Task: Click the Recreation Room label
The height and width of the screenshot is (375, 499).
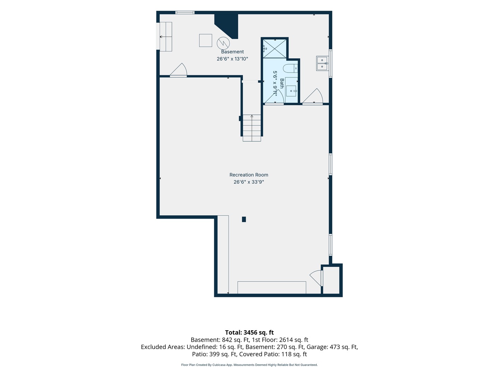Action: click(x=249, y=175)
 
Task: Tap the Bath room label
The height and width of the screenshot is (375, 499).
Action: click(x=282, y=83)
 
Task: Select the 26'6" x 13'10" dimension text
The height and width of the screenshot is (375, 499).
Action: click(x=232, y=59)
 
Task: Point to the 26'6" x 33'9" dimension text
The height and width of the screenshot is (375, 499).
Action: click(x=249, y=182)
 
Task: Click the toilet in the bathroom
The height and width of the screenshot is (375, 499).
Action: click(x=290, y=68)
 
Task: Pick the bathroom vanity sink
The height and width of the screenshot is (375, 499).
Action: click(x=291, y=91)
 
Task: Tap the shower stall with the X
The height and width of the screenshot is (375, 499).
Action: click(x=274, y=49)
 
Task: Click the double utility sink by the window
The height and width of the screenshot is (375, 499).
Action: click(x=322, y=63)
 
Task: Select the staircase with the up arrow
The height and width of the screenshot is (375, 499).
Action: click(x=252, y=128)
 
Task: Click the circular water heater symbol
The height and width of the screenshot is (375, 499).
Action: click(x=223, y=43)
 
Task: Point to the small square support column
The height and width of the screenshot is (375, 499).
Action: click(x=244, y=219)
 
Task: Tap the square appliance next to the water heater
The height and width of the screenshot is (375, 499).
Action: click(x=205, y=41)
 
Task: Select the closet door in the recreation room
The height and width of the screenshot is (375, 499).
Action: click(x=316, y=278)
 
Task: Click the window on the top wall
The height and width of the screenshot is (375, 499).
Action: click(x=185, y=12)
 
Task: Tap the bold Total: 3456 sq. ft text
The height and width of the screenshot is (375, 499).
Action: click(x=249, y=332)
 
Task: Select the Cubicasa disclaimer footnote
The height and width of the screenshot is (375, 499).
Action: click(x=249, y=365)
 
